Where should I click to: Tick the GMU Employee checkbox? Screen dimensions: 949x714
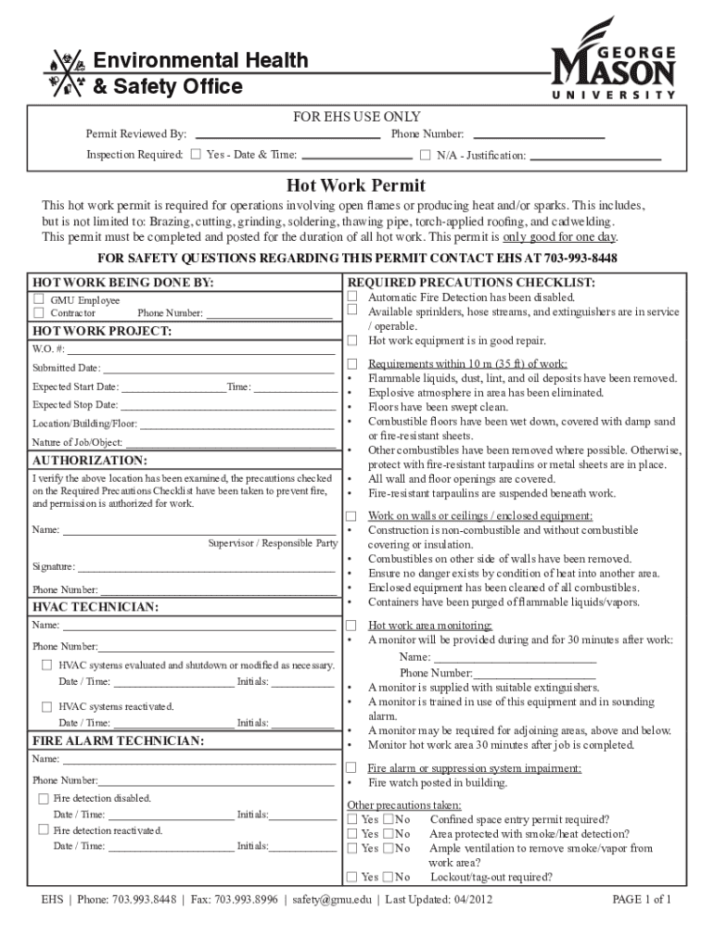pos(39,299)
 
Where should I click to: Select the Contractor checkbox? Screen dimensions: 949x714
pos(39,313)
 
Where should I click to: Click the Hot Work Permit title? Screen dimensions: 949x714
pos(356,185)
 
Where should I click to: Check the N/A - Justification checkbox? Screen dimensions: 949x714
pos(426,154)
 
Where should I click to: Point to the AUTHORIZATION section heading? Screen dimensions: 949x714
pos(89,461)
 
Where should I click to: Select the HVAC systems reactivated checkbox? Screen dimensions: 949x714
pos(46,706)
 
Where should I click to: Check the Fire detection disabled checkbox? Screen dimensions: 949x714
pos(43,798)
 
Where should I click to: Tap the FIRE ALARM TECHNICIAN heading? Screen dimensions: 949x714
pos(119,741)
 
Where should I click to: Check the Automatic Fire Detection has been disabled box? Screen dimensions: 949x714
pos(352,297)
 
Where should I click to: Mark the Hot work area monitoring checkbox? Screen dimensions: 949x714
pos(352,626)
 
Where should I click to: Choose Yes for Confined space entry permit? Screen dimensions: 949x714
pos(352,819)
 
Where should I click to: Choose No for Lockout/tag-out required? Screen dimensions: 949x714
pos(389,877)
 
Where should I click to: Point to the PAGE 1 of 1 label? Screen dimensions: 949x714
pos(643,900)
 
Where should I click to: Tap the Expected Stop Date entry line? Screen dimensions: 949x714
pos(228,405)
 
